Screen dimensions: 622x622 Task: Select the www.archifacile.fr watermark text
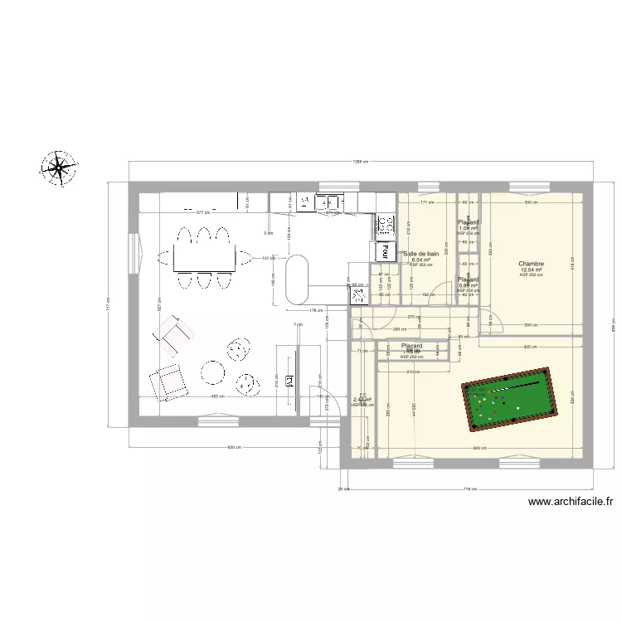pyautogui.click(x=571, y=501)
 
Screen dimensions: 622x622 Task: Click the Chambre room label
pyautogui.click(x=531, y=263)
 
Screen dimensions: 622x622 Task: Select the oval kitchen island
pyautogui.click(x=297, y=279)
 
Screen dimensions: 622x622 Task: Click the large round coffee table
pyautogui.click(x=212, y=372)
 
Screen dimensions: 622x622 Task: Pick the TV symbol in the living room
pyautogui.click(x=290, y=381)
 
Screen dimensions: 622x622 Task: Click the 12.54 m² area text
pyautogui.click(x=531, y=270)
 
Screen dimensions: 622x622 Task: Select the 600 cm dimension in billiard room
pyautogui.click(x=479, y=449)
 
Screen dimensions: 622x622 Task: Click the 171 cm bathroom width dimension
pyautogui.click(x=426, y=202)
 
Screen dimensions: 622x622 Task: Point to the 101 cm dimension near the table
pyautogui.click(x=267, y=258)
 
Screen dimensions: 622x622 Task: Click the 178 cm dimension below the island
pyautogui.click(x=316, y=310)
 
